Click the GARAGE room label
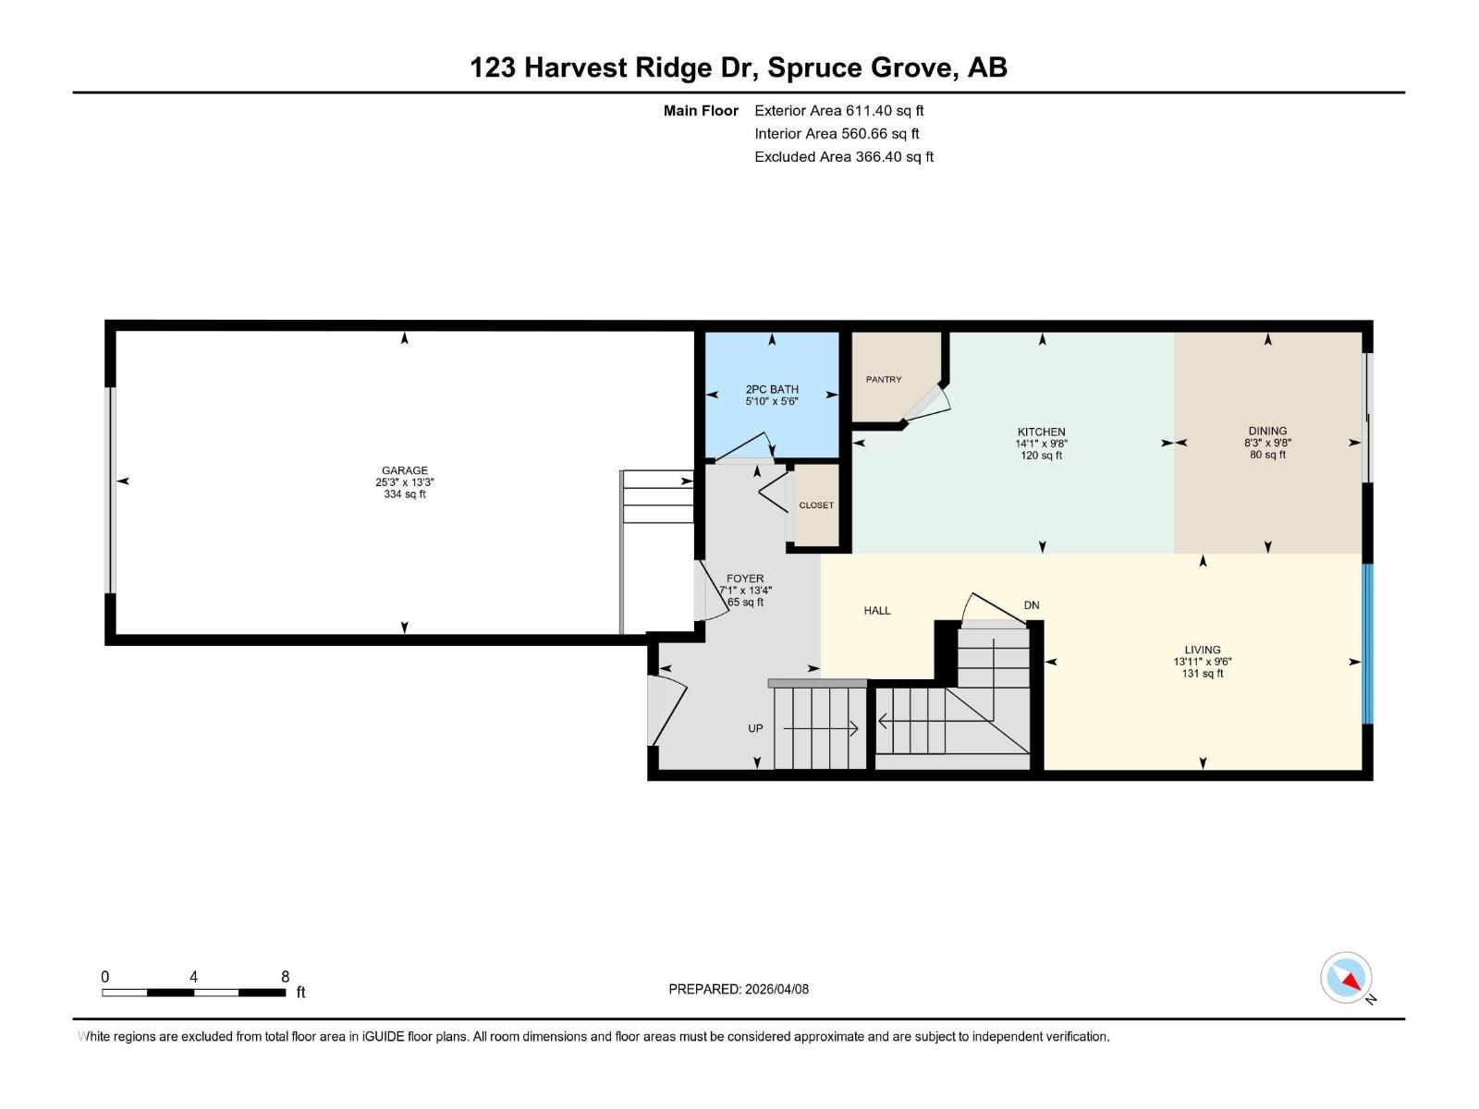tap(404, 470)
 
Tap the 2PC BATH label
tap(772, 389)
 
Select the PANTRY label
tap(884, 379)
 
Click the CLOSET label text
tap(816, 506)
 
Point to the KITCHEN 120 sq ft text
tap(1041, 456)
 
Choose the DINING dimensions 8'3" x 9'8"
tap(1267, 443)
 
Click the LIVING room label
tap(1202, 650)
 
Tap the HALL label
tap(876, 611)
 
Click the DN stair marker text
tap(1032, 605)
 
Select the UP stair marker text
tap(755, 728)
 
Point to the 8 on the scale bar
tap(285, 977)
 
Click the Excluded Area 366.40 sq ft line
tap(843, 157)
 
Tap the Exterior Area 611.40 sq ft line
tap(838, 111)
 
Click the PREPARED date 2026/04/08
tap(739, 989)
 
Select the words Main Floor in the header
tap(701, 111)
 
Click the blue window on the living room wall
tap(1367, 643)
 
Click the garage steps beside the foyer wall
tap(657, 497)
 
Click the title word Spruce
tap(813, 67)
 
